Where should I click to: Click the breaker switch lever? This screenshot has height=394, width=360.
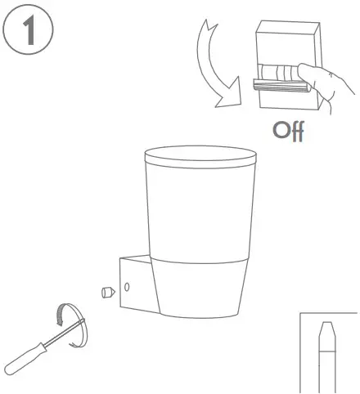coord(278,82)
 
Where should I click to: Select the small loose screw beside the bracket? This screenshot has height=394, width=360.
coord(106,292)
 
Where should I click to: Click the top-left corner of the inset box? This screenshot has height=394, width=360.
coord(302,313)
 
